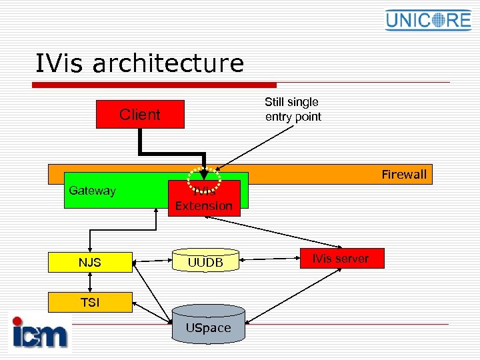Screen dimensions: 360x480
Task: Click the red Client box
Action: [139, 114]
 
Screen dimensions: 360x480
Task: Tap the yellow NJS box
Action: [90, 262]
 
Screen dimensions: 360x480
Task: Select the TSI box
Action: [90, 302]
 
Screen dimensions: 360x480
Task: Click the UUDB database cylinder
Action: [205, 261]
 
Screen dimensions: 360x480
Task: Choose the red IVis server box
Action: [341, 259]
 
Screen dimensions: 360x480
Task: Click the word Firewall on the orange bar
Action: [404, 175]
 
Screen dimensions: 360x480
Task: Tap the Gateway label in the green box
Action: [92, 191]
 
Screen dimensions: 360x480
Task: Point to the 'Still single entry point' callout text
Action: [293, 109]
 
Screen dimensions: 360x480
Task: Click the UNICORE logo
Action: [428, 19]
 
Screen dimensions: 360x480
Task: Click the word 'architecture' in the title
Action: [168, 64]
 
